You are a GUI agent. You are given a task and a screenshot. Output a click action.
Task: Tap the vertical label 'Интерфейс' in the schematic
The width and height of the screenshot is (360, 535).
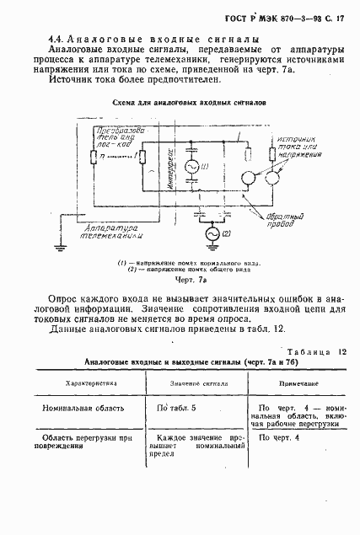click(169, 174)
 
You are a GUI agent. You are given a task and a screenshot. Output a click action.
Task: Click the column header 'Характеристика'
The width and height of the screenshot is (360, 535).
click(92, 381)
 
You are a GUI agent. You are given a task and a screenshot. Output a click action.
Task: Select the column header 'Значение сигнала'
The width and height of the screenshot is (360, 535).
click(196, 381)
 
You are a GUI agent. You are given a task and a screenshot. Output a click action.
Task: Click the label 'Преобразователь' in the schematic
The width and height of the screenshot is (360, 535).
click(116, 137)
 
